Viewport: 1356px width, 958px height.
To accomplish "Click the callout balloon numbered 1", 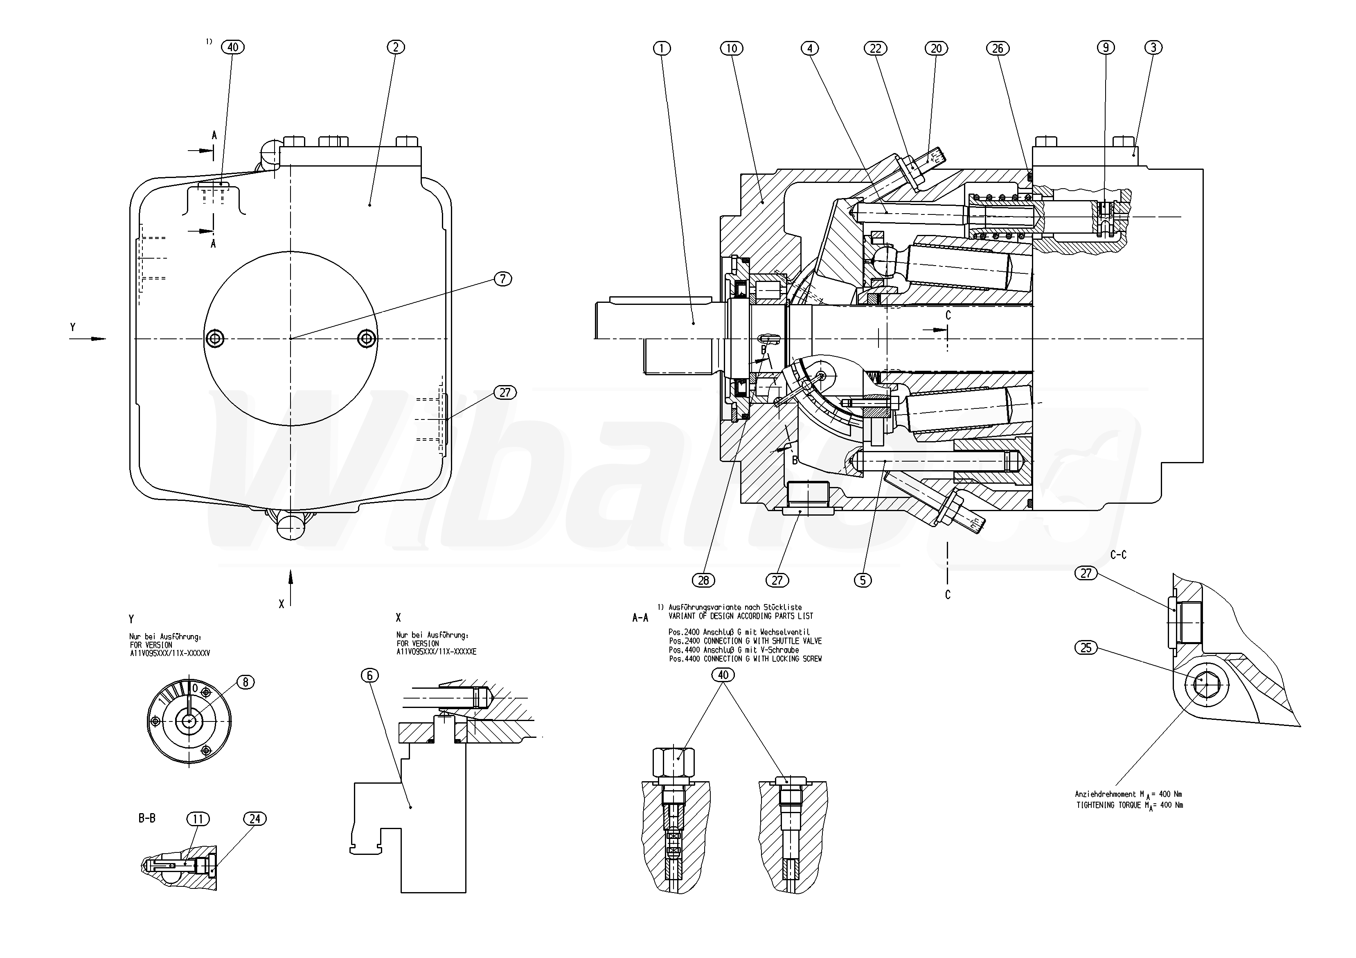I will [662, 48].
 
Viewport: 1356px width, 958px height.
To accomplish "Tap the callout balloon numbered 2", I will [396, 47].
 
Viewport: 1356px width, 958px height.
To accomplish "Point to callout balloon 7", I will [502, 279].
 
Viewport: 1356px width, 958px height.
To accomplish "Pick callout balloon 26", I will [998, 48].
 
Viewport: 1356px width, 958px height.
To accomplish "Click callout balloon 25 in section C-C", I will [1086, 648].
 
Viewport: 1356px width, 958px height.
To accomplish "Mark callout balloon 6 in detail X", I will [370, 675].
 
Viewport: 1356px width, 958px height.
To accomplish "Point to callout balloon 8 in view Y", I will [245, 682].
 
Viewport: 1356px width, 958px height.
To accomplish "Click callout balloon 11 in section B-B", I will [198, 818].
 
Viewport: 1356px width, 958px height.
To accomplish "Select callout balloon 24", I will [255, 818].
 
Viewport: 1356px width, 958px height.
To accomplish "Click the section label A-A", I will [640, 618].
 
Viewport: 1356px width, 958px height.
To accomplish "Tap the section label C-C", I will [1119, 555].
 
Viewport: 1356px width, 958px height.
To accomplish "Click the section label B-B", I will [147, 818].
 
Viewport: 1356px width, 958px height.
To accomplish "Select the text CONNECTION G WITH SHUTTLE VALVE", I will [762, 641].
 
